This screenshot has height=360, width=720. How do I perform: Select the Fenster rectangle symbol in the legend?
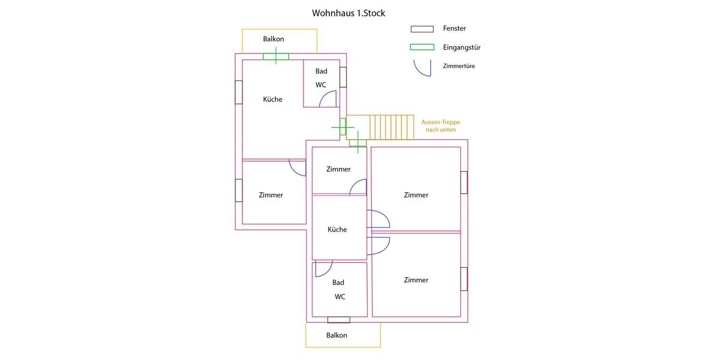click(x=422, y=29)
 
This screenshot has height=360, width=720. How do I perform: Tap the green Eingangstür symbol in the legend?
click(x=422, y=47)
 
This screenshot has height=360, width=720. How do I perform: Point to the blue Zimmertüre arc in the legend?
click(x=422, y=68)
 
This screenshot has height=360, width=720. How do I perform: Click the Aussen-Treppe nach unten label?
click(x=440, y=125)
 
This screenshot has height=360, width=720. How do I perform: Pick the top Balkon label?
click(x=274, y=39)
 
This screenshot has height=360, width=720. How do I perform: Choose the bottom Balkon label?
click(x=337, y=335)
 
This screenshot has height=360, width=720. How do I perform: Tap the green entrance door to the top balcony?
click(x=276, y=56)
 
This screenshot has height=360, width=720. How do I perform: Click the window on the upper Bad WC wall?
click(x=343, y=77)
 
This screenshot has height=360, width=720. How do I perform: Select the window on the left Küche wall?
click(x=239, y=92)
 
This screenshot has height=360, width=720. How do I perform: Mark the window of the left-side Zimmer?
click(x=239, y=190)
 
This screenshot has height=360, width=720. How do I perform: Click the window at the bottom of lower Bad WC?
click(x=338, y=320)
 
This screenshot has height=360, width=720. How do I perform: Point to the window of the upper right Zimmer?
click(x=464, y=182)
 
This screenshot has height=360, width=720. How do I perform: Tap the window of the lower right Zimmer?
click(x=464, y=279)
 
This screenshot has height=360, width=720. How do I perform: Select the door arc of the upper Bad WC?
click(x=329, y=99)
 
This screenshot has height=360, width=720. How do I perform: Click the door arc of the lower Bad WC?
click(x=323, y=269)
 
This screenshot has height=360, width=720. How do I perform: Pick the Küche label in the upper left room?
click(x=272, y=99)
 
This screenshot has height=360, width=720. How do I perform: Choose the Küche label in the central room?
click(x=337, y=229)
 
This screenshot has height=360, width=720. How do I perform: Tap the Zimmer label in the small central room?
click(x=338, y=169)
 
